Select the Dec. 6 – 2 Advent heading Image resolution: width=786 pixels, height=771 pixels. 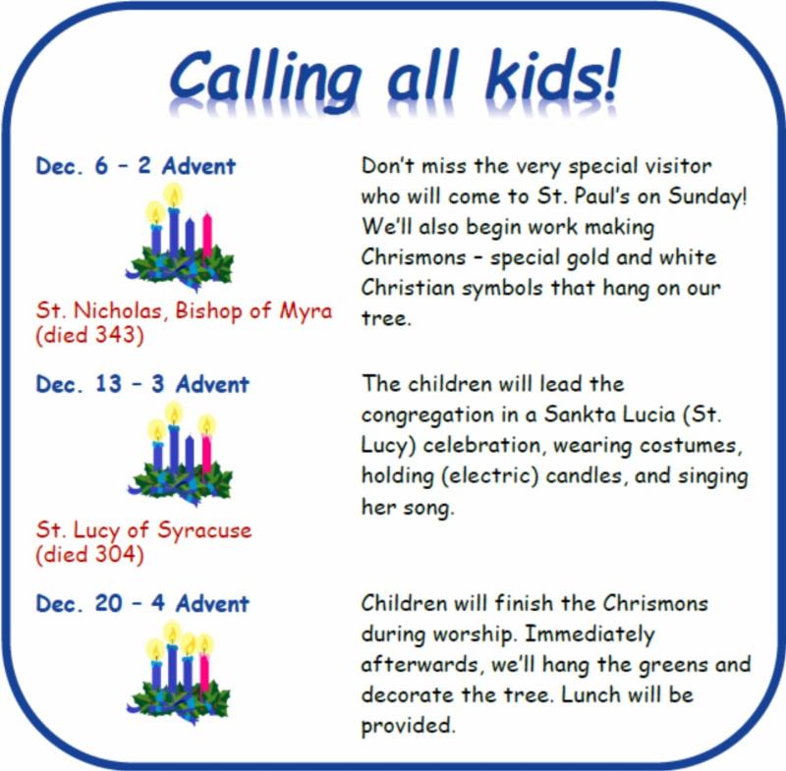click(136, 166)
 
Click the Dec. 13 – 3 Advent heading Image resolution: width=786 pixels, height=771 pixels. click(142, 384)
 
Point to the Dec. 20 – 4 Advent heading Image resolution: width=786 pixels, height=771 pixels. click(142, 603)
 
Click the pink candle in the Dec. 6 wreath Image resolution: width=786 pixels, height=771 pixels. click(207, 235)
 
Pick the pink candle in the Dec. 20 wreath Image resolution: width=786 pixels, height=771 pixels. click(204, 671)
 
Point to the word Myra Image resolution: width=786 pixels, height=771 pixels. click(306, 311)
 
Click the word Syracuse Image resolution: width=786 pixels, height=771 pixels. click(204, 531)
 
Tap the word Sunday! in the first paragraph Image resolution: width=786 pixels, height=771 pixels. click(707, 195)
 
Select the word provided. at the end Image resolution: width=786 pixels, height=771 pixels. click(408, 726)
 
